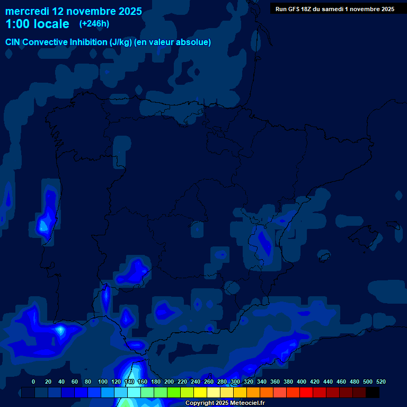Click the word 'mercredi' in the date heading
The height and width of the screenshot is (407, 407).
[28, 11]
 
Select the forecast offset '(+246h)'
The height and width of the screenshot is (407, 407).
[94, 24]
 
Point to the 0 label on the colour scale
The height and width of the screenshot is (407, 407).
[33, 382]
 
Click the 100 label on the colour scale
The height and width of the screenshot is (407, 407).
[103, 382]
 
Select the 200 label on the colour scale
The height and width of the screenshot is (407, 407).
[169, 382]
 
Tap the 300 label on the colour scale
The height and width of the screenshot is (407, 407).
[235, 382]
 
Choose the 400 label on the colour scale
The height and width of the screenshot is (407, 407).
[302, 382]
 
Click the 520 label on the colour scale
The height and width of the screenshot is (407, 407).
[381, 382]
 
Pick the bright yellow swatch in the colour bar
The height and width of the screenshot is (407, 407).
[200, 392]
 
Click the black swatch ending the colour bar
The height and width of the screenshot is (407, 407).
[373, 392]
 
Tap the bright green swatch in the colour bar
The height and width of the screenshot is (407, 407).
[174, 392]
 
